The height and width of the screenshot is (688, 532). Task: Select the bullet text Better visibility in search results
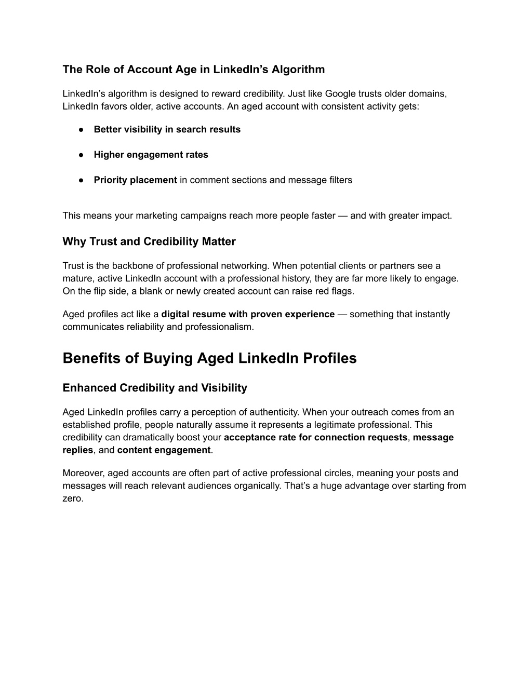coord(167,129)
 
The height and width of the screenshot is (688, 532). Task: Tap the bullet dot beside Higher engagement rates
coord(82,155)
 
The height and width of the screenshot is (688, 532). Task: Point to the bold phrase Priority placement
coord(135,180)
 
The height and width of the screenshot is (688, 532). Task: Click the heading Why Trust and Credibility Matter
coord(149,241)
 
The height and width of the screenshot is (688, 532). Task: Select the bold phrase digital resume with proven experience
coord(248,314)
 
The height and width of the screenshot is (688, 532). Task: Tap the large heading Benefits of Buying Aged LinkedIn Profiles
coord(209,358)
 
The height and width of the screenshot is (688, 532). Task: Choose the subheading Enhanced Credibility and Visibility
coord(155,388)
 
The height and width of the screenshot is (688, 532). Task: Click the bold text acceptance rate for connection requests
coord(315,437)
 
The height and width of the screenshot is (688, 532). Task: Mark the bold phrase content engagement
coord(164,450)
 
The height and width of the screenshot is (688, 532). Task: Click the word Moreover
coord(82,473)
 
